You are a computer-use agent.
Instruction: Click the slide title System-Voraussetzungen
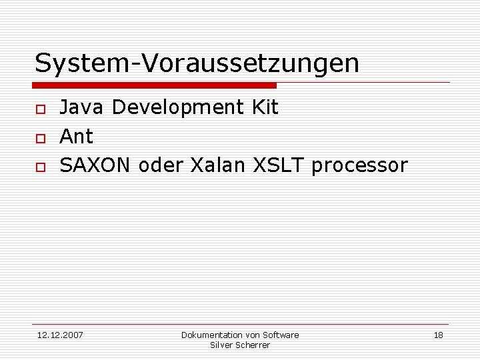pyautogui.click(x=197, y=63)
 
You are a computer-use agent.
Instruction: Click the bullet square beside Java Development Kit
pyautogui.click(x=40, y=109)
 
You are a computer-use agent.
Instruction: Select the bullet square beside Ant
pyautogui.click(x=40, y=137)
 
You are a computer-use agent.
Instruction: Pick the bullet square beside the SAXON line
pyautogui.click(x=40, y=166)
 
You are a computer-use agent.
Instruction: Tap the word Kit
pyautogui.click(x=265, y=107)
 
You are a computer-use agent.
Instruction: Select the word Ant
pyautogui.click(x=77, y=136)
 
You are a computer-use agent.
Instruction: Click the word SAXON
pyautogui.click(x=95, y=165)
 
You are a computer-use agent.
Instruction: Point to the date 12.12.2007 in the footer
pyautogui.click(x=60, y=335)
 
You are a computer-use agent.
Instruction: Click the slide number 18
pyautogui.click(x=438, y=335)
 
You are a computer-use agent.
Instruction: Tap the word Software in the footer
pyautogui.click(x=281, y=335)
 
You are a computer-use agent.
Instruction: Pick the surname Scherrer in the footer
pyautogui.click(x=253, y=345)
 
